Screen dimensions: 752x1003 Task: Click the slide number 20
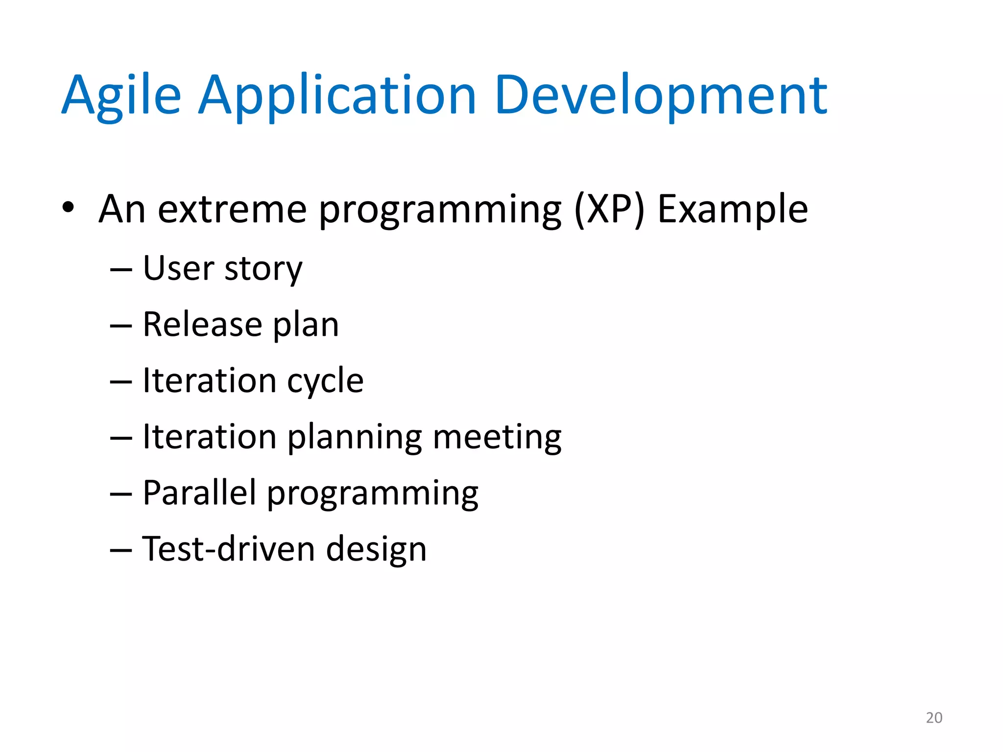(x=934, y=718)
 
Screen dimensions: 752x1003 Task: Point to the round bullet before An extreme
(x=68, y=208)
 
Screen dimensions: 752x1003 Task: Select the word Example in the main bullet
(x=732, y=210)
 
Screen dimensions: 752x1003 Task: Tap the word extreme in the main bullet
(x=232, y=210)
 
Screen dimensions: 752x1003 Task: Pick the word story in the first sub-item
(x=263, y=269)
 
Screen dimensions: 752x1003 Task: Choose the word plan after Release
(x=306, y=325)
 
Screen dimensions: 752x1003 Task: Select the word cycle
(x=325, y=381)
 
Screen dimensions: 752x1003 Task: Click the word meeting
(x=497, y=437)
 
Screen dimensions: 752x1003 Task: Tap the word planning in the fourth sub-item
(x=354, y=437)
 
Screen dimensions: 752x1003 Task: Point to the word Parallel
(x=199, y=493)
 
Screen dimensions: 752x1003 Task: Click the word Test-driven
(x=228, y=549)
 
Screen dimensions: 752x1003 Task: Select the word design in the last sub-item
(x=376, y=550)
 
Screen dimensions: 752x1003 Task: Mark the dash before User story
(x=121, y=271)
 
